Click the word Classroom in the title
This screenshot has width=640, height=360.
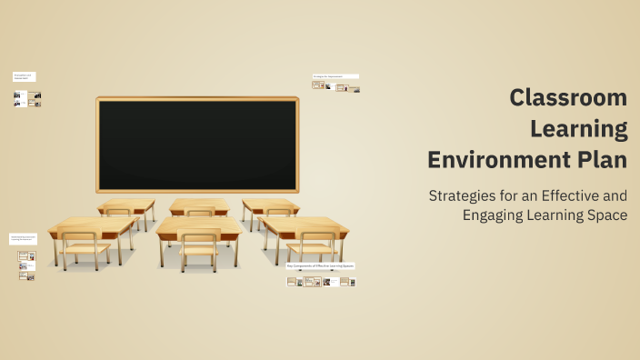pyautogui.click(x=568, y=97)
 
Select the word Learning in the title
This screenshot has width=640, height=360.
pyautogui.click(x=578, y=128)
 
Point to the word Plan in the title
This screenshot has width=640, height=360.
pyautogui.click(x=597, y=159)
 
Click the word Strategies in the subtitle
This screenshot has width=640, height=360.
pyautogui.click(x=462, y=195)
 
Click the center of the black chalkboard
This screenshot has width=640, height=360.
pyautogui.click(x=197, y=144)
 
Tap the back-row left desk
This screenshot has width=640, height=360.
pyautogui.click(x=126, y=205)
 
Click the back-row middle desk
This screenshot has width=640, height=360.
pyautogui.click(x=199, y=205)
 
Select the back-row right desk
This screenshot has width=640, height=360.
pyautogui.click(x=270, y=205)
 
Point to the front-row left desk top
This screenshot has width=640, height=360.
pyautogui.click(x=92, y=225)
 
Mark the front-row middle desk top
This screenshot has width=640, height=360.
pyautogui.click(x=199, y=225)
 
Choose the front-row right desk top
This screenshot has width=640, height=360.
pyautogui.click(x=303, y=225)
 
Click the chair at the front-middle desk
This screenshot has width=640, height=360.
pyautogui.click(x=199, y=248)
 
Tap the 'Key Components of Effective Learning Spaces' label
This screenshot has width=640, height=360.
pyautogui.click(x=320, y=265)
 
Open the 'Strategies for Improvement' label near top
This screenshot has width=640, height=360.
pyautogui.click(x=335, y=76)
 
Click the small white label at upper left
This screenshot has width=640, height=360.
pyautogui.click(x=24, y=77)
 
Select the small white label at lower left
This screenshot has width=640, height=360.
pyautogui.click(x=23, y=239)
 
